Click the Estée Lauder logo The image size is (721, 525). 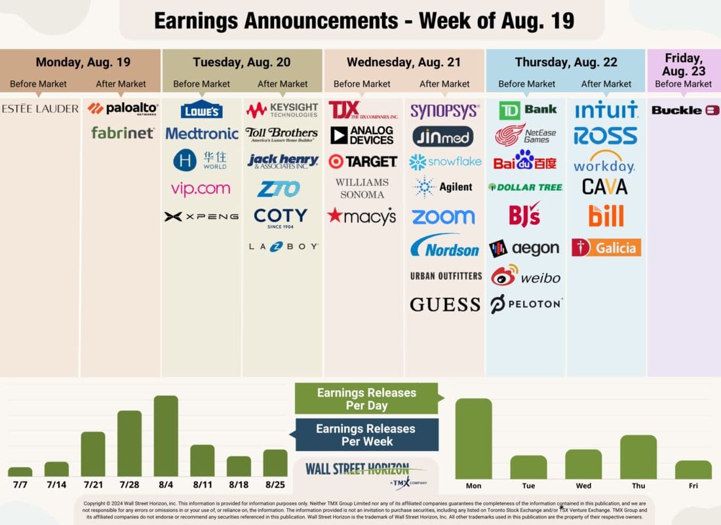pyautogui.click(x=40, y=109)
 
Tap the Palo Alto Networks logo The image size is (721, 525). pyautogui.click(x=123, y=109)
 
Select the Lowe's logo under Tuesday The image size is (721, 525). pyautogui.click(x=201, y=109)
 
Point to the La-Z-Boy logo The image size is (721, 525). pyautogui.click(x=283, y=247)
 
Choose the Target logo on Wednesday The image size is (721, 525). pyautogui.click(x=362, y=161)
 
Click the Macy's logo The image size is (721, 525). pyautogui.click(x=362, y=215)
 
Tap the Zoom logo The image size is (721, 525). pyautogui.click(x=444, y=217)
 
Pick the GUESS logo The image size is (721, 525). pyautogui.click(x=445, y=304)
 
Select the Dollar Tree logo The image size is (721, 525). pyautogui.click(x=526, y=187)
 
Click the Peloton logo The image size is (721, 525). pyautogui.click(x=526, y=304)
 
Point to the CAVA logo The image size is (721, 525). pyautogui.click(x=605, y=187)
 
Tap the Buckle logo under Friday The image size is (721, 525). pyautogui.click(x=685, y=111)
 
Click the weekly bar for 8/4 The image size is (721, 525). pyautogui.click(x=166, y=436)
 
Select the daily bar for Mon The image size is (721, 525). pyautogui.click(x=473, y=439)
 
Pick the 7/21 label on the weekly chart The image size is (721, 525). pyautogui.click(x=92, y=486)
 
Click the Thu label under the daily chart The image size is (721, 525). pyautogui.click(x=638, y=486)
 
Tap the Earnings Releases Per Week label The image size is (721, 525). pyautogui.click(x=365, y=435)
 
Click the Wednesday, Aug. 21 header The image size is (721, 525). pyautogui.click(x=404, y=63)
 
